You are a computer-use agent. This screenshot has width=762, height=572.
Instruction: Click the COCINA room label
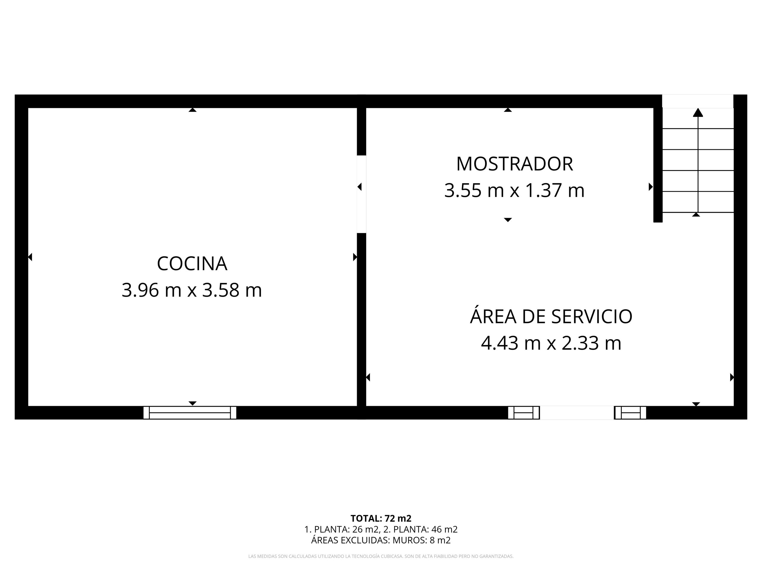click(192, 264)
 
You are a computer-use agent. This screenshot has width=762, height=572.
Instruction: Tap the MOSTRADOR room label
click(515, 164)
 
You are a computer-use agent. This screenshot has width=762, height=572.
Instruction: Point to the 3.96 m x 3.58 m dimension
click(192, 290)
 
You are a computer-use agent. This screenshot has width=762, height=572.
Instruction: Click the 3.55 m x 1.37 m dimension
click(514, 191)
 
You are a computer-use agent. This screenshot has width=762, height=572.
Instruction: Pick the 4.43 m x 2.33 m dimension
click(551, 343)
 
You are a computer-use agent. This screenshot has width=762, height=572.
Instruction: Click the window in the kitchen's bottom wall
click(190, 413)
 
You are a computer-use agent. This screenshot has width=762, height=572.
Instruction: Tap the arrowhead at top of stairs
click(698, 112)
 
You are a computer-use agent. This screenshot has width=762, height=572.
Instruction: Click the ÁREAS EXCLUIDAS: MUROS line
click(381, 540)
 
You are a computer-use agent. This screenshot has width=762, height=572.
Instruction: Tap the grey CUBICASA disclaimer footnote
click(381, 557)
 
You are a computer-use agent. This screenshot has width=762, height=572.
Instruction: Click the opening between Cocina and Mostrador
click(361, 194)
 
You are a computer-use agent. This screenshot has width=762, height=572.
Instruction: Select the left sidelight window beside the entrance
click(524, 413)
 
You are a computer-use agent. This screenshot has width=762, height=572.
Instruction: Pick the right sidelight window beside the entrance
click(630, 413)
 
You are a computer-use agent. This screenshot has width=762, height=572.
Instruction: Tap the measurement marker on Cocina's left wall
click(30, 257)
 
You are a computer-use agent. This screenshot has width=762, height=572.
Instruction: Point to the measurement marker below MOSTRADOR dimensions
click(508, 220)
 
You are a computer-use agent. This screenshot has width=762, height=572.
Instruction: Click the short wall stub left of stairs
click(658, 165)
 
